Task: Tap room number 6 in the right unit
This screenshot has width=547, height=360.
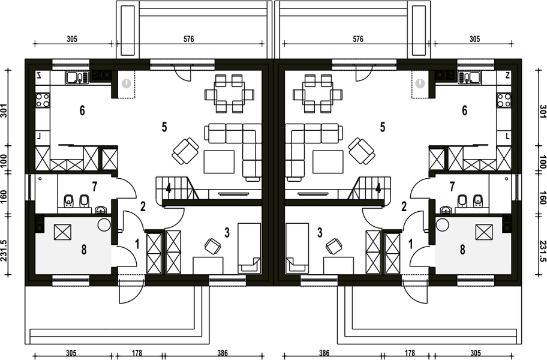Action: tap(464, 110)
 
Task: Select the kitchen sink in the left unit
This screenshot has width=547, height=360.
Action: tap(76, 77)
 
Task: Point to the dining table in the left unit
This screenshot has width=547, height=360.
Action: tap(229, 94)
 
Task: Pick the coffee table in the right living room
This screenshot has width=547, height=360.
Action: tap(327, 161)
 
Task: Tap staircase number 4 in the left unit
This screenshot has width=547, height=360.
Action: tap(169, 188)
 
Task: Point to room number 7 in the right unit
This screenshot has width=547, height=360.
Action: tap(452, 185)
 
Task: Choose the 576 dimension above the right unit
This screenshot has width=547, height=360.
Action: tap(358, 40)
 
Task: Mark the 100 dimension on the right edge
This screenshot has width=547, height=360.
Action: tap(542, 160)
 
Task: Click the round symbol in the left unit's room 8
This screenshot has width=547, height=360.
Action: tap(104, 225)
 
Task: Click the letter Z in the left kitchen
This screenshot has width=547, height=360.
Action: tap(38, 76)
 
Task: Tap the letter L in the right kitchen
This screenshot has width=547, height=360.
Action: tap(507, 136)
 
